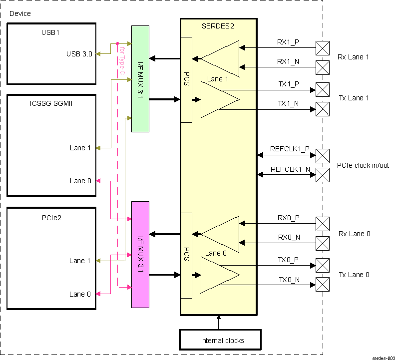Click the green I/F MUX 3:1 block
pyautogui.click(x=140, y=79)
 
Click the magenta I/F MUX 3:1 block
pyautogui.click(x=140, y=255)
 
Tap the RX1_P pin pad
pyautogui.click(x=323, y=47)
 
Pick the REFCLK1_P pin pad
pyautogui.click(x=323, y=155)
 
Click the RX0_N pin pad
pyautogui.click(x=323, y=243)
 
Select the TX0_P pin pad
pyautogui.click(x=323, y=265)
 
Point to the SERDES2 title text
pyautogui.click(x=218, y=26)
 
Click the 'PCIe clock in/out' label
pyautogui.click(x=363, y=165)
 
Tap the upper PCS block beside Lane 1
pyautogui.click(x=186, y=80)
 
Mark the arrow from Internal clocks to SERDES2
pyautogui.click(x=218, y=322)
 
